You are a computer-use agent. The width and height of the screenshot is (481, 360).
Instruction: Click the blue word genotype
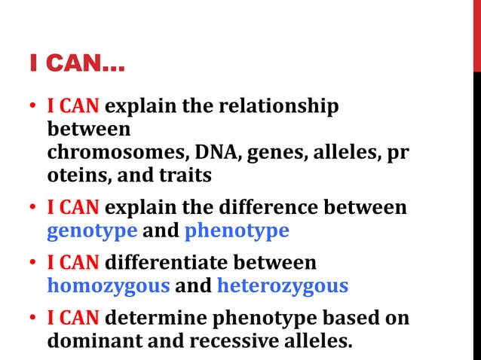pos(93,230)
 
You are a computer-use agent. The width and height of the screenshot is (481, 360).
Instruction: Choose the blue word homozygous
pos(108,285)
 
